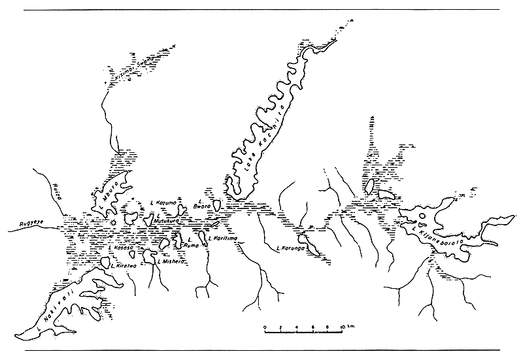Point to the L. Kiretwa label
click(x=124, y=266)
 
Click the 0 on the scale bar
click(x=264, y=325)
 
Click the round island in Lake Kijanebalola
click(x=423, y=216)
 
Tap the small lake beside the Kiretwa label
click(x=104, y=261)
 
